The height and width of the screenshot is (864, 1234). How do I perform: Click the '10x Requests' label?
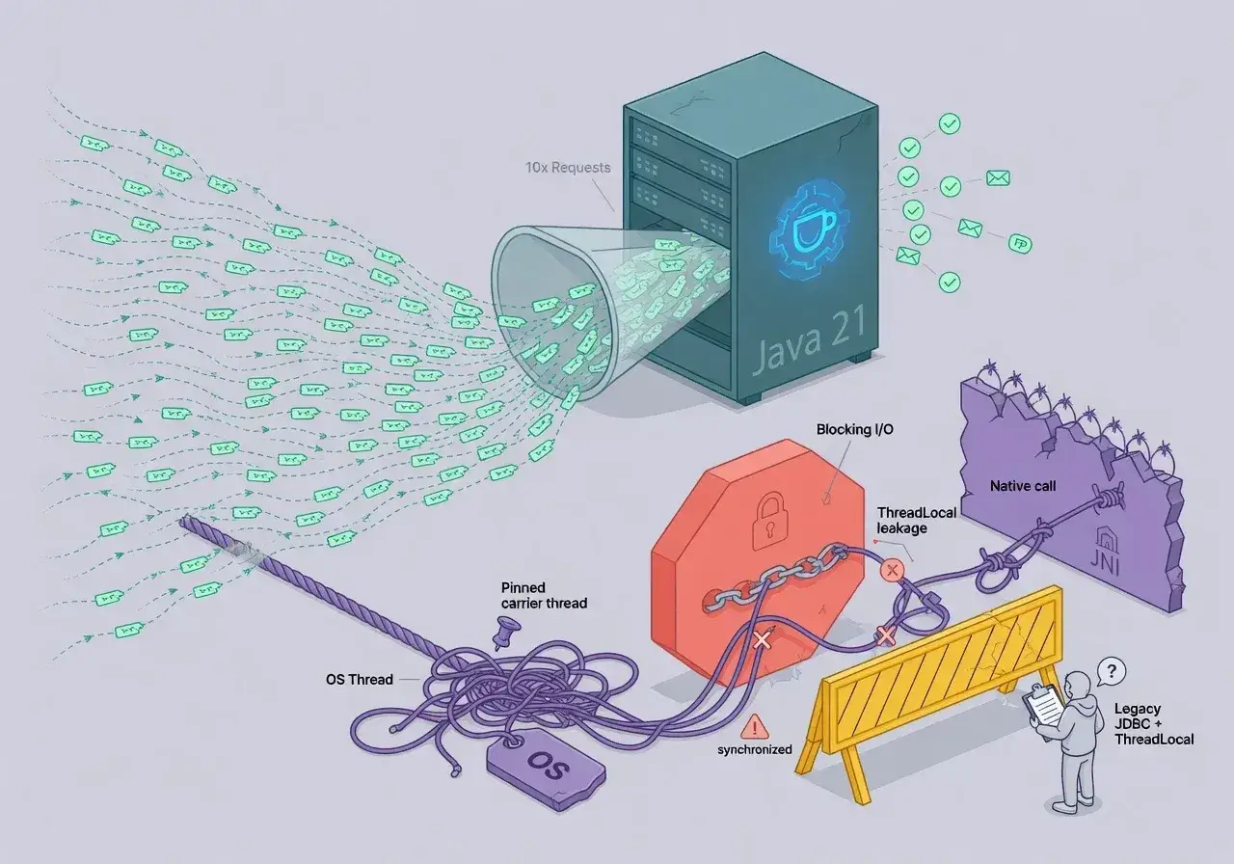(x=568, y=167)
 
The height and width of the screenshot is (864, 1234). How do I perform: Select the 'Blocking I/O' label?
(x=854, y=429)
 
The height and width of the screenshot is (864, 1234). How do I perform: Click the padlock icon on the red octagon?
(x=769, y=521)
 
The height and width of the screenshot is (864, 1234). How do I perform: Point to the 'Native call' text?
(x=1023, y=486)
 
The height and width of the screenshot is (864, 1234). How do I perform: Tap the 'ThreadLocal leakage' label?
(x=916, y=520)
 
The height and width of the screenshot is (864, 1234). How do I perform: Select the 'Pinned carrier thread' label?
(x=544, y=596)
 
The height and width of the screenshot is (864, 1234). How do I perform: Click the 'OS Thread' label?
(x=360, y=680)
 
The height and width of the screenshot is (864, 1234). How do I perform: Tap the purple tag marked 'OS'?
(x=546, y=769)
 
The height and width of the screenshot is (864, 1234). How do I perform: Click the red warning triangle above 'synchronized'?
(x=754, y=727)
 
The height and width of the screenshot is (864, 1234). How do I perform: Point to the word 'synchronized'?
(x=755, y=749)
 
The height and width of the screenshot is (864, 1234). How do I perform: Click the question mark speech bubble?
(x=1112, y=672)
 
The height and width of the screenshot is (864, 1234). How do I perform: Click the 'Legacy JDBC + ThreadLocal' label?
(x=1154, y=723)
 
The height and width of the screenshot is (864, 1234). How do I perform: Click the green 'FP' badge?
(x=1020, y=244)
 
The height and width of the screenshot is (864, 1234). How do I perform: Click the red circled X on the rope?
(x=892, y=570)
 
